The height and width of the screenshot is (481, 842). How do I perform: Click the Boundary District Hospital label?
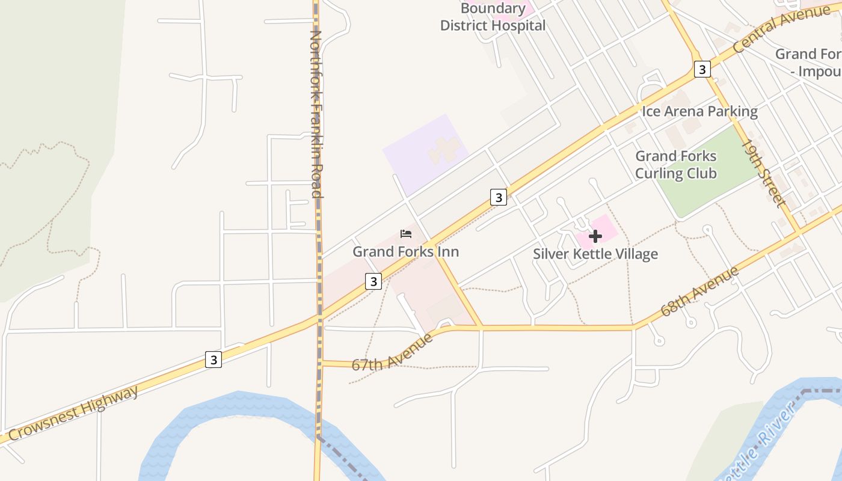tap(493, 17)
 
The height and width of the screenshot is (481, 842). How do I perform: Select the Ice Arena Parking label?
tap(699, 111)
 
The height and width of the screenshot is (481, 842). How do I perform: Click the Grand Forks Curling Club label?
tap(676, 165)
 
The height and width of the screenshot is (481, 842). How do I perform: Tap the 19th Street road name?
tap(764, 174)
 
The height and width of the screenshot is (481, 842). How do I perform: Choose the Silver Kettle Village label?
tap(595, 254)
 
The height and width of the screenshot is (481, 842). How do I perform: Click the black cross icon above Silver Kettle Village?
tap(595, 236)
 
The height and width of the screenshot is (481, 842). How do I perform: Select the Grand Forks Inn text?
tap(405, 251)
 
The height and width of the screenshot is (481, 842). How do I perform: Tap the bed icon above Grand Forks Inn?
tap(406, 234)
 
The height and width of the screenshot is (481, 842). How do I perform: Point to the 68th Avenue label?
tap(699, 292)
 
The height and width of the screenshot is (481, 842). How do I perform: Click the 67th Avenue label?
tap(392, 352)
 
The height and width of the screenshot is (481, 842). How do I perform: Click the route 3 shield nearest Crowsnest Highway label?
tap(213, 360)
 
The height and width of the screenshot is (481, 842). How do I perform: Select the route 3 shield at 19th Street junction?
tap(701, 69)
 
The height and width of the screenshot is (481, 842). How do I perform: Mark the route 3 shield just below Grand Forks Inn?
tap(373, 281)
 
